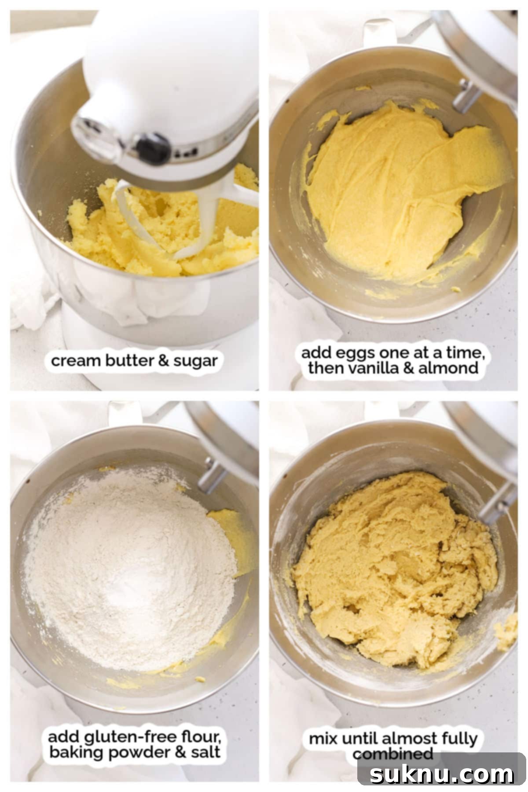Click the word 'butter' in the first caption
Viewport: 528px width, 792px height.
pyautogui.click(x=129, y=361)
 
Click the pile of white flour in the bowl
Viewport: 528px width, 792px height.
pyautogui.click(x=132, y=572)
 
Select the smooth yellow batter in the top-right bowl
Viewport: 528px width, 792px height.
pyautogui.click(x=396, y=185)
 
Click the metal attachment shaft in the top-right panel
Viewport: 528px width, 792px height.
pyautogui.click(x=466, y=95)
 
